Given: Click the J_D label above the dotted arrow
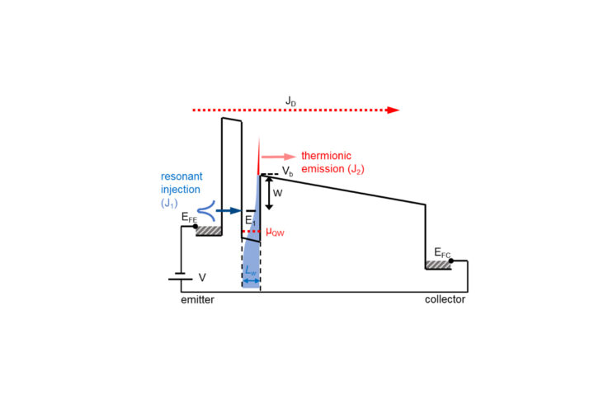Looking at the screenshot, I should click(291, 101).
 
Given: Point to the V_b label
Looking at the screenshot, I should click(287, 171).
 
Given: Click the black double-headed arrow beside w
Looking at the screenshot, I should click(268, 192).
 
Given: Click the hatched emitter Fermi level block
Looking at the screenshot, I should click(208, 231).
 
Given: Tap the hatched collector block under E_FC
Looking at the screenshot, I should click(437, 265).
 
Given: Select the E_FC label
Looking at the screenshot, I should click(444, 251).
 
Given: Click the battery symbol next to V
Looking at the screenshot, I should click(181, 279).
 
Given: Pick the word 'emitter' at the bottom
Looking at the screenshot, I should click(198, 300).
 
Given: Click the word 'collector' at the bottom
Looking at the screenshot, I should click(445, 300).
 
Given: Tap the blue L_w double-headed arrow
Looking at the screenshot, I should click(250, 282).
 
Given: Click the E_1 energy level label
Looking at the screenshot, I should click(250, 220).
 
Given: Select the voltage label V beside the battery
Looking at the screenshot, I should click(202, 279).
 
